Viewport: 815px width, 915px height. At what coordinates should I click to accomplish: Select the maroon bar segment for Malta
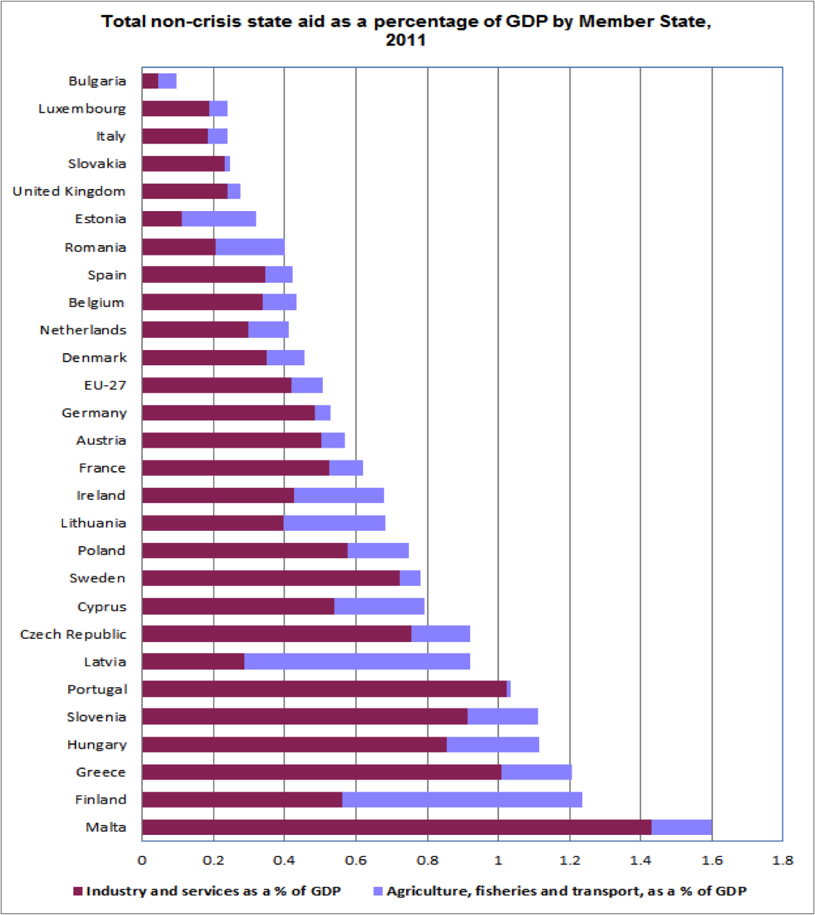point(396,827)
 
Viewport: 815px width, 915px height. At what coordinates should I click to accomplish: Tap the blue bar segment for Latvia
point(357,662)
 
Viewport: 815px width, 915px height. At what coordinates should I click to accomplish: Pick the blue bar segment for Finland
point(462,800)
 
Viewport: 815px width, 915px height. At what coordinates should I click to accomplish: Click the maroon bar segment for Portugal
point(324,689)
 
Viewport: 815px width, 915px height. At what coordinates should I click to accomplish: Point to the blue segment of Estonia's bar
point(218,219)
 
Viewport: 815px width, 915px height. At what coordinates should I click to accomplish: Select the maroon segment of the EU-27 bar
point(216,385)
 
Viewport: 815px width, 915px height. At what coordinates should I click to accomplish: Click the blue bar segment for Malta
point(681,827)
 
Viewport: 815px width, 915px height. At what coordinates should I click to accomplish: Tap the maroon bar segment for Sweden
point(271,578)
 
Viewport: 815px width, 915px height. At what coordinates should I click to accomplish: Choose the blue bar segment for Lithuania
point(334,523)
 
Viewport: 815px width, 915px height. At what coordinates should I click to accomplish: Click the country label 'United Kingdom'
point(69,191)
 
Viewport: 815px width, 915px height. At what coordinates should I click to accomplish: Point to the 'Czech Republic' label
point(73,634)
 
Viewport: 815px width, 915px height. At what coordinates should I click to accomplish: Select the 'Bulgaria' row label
point(97,81)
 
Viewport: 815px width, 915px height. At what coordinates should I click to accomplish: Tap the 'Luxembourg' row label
point(82,109)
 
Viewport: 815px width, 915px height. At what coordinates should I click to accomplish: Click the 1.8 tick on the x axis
point(782,860)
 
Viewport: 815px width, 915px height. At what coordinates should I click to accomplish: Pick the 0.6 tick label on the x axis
point(355,860)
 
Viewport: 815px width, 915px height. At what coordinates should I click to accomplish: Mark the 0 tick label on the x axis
point(142,860)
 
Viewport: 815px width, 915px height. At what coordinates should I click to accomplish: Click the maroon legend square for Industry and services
point(77,892)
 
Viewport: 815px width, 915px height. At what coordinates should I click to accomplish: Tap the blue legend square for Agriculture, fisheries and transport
point(378,892)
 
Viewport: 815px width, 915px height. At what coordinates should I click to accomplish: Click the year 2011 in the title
point(406,40)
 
